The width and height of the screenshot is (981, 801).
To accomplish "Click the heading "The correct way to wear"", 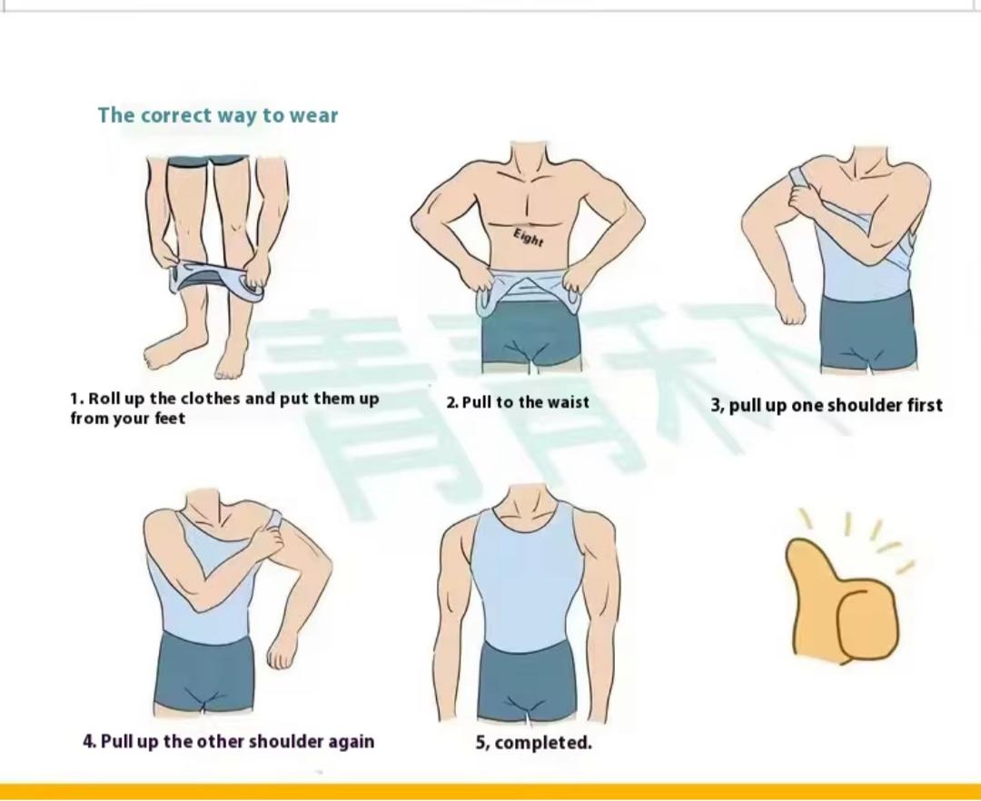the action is pyautogui.click(x=218, y=115).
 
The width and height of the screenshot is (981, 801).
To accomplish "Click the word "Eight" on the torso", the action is pyautogui.click(x=529, y=237).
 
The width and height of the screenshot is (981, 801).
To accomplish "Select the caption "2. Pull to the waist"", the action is pyautogui.click(x=518, y=402).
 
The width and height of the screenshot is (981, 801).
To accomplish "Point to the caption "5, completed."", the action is pyautogui.click(x=534, y=743).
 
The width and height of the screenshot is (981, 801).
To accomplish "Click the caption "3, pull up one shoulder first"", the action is pyautogui.click(x=827, y=406).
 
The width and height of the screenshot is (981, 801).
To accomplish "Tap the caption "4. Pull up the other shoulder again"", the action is pyautogui.click(x=229, y=742).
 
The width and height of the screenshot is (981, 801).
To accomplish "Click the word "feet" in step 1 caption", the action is pyautogui.click(x=170, y=419).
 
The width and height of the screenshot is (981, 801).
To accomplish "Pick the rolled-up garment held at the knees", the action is pyautogui.click(x=216, y=282).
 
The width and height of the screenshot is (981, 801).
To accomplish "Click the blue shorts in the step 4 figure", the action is pyautogui.click(x=204, y=672).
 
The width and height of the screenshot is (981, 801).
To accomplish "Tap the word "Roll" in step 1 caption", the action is pyautogui.click(x=104, y=399).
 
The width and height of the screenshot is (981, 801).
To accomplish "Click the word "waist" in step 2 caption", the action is pyautogui.click(x=568, y=402).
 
